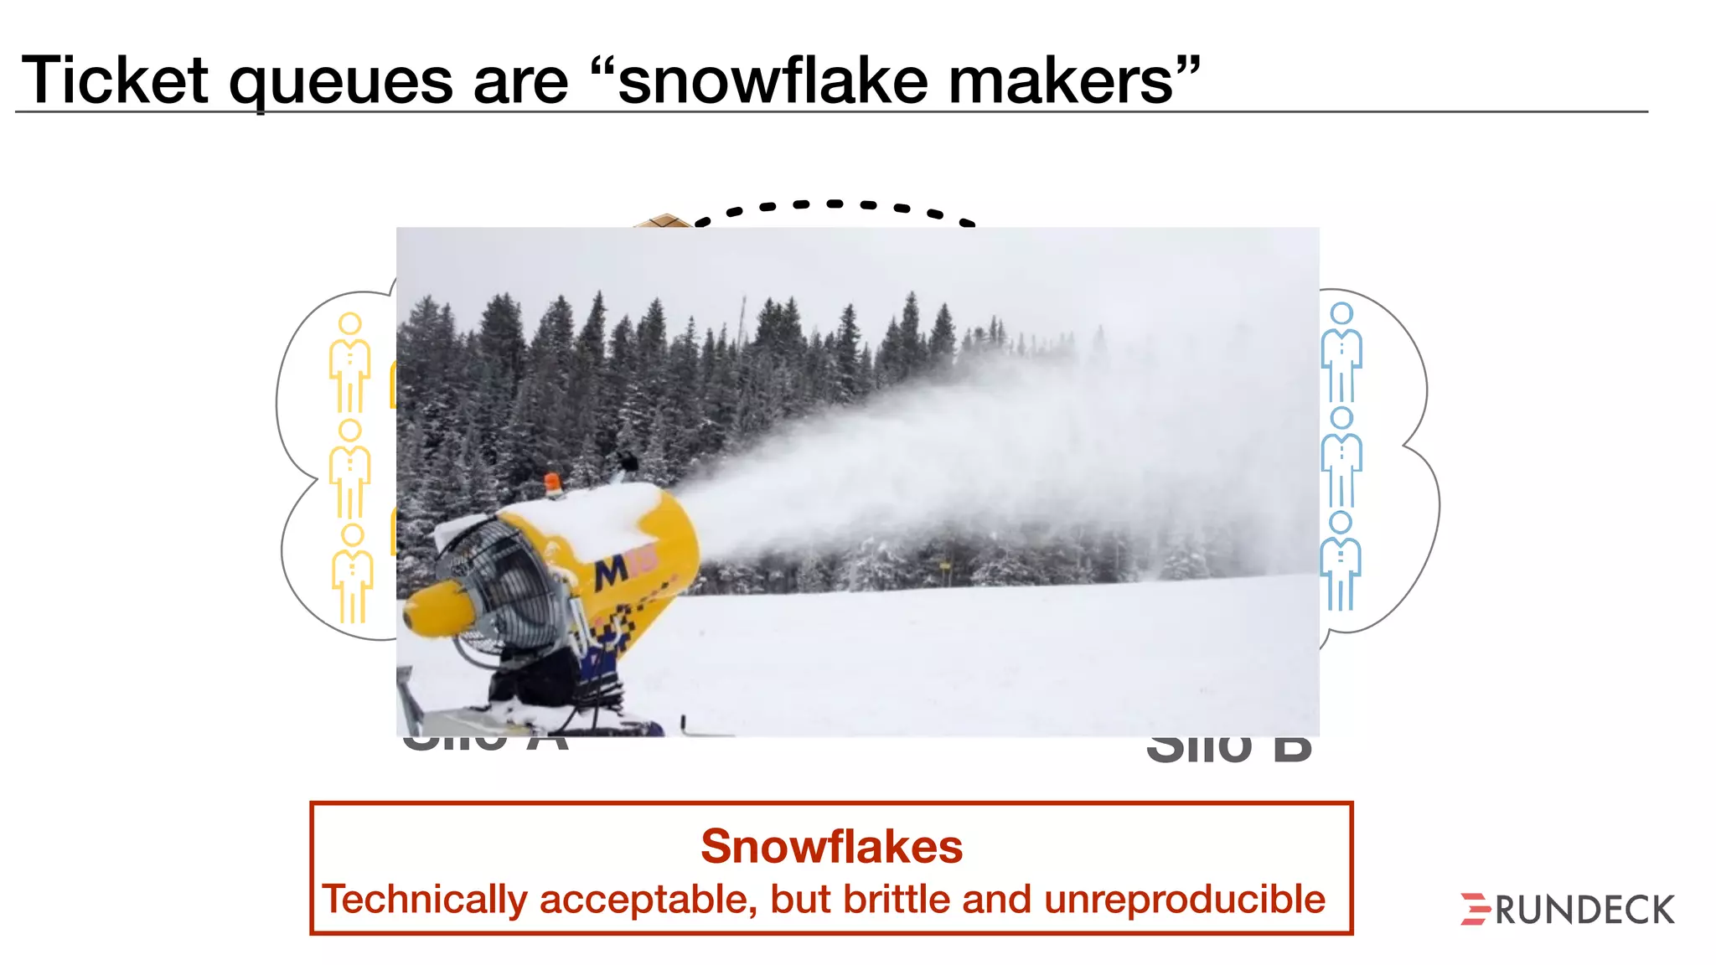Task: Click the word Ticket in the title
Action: pyautogui.click(x=114, y=81)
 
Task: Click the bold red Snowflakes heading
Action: pyautogui.click(x=831, y=846)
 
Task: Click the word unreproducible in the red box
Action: pyautogui.click(x=1184, y=900)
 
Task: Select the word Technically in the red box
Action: pyautogui.click(x=425, y=900)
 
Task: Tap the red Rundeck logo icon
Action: pyautogui.click(x=1475, y=910)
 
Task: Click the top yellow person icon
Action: pyautogui.click(x=349, y=363)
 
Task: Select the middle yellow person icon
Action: pyautogui.click(x=349, y=469)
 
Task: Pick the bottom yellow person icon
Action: pyautogui.click(x=352, y=574)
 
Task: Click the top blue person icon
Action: pyautogui.click(x=1341, y=353)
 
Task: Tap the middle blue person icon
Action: pyautogui.click(x=1341, y=457)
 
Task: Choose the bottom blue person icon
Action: pyautogui.click(x=1341, y=561)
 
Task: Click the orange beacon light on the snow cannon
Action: pyautogui.click(x=553, y=483)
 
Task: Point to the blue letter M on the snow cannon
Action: pyautogui.click(x=611, y=572)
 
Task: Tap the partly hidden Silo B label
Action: pyautogui.click(x=1228, y=749)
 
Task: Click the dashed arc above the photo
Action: pyautogui.click(x=834, y=204)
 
